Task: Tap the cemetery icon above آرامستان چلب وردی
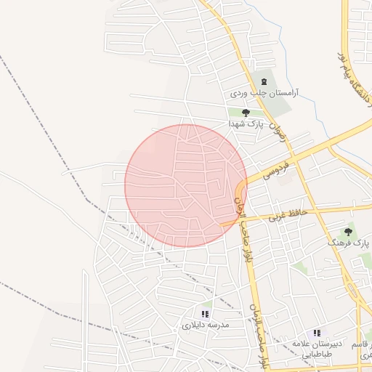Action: [x=263, y=81]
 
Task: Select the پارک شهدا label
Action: [x=245, y=124]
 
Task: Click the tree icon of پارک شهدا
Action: [x=246, y=113]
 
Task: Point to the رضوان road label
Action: [x=277, y=131]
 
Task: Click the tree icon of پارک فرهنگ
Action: [x=348, y=232]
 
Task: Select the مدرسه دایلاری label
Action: [x=206, y=325]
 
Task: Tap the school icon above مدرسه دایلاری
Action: [x=205, y=314]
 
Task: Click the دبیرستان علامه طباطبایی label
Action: [x=312, y=347]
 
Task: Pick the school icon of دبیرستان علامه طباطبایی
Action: [x=316, y=332]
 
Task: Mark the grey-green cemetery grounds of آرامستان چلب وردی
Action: [x=278, y=105]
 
